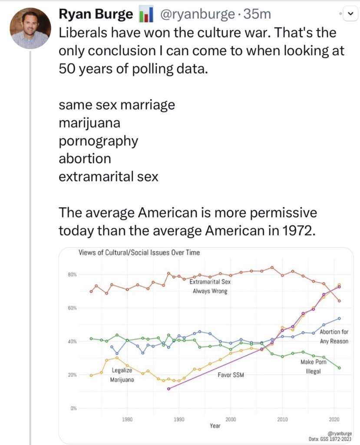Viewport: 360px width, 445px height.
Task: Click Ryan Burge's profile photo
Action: click(30, 28)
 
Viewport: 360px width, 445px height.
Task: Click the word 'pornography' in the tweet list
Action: click(99, 141)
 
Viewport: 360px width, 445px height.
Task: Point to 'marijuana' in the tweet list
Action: click(89, 123)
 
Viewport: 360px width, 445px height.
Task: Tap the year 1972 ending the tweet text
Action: click(295, 230)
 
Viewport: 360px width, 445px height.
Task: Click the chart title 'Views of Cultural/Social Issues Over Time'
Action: click(139, 252)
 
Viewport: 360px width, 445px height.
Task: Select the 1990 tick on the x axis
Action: click(179, 420)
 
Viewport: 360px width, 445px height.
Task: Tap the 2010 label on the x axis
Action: click(282, 420)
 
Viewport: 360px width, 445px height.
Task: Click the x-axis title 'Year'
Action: click(215, 426)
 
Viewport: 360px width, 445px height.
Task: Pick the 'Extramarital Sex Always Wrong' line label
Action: click(210, 286)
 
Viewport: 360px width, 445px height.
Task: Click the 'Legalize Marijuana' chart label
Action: click(122, 375)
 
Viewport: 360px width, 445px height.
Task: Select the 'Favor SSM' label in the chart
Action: click(231, 375)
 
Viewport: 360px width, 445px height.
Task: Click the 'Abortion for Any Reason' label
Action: click(334, 336)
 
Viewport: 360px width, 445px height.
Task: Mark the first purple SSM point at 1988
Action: click(168, 389)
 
